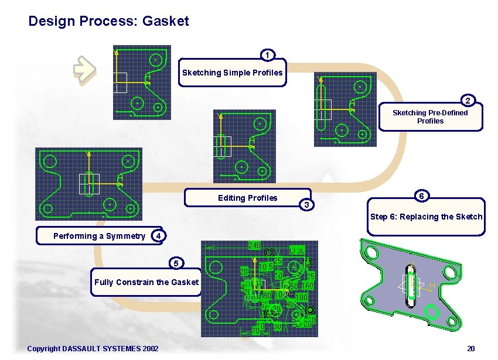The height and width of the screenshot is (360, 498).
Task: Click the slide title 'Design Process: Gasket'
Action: (x=108, y=22)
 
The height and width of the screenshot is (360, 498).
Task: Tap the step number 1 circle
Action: (x=267, y=56)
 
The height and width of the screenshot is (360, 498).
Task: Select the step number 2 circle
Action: (x=467, y=100)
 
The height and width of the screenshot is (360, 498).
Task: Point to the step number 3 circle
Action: (x=306, y=204)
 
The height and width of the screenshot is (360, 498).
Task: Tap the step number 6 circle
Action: (x=421, y=196)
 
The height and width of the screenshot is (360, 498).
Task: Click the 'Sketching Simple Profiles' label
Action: (x=232, y=73)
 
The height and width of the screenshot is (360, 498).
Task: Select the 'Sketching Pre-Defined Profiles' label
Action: (x=430, y=116)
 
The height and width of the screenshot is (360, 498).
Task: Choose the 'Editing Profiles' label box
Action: (x=247, y=198)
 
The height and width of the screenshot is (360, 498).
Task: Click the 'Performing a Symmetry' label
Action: (x=99, y=236)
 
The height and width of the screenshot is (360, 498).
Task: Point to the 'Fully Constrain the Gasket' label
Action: (x=146, y=282)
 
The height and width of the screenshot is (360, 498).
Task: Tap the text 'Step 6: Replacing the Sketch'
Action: (x=426, y=217)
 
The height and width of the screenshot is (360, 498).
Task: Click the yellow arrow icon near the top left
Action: (x=84, y=69)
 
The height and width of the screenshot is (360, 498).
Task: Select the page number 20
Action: (x=470, y=349)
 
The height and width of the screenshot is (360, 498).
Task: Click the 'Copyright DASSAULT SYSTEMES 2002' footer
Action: (x=93, y=349)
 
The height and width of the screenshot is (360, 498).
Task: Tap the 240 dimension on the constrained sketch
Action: (x=254, y=245)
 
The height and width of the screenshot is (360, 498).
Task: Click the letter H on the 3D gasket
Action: (x=432, y=286)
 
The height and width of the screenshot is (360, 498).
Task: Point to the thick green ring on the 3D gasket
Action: (x=431, y=312)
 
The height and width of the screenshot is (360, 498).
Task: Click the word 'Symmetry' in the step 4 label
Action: (x=128, y=236)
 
